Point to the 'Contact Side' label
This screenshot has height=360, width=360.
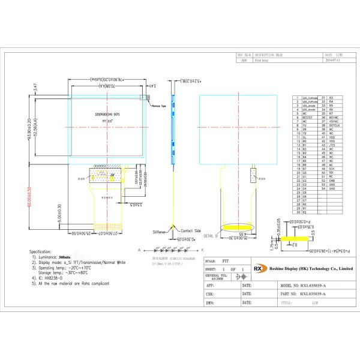pyautogui.click(x=191, y=230)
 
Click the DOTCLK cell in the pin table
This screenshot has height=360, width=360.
pyautogui.click(x=334, y=125)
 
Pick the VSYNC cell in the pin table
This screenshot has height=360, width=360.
pyautogui.click(x=334, y=121)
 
